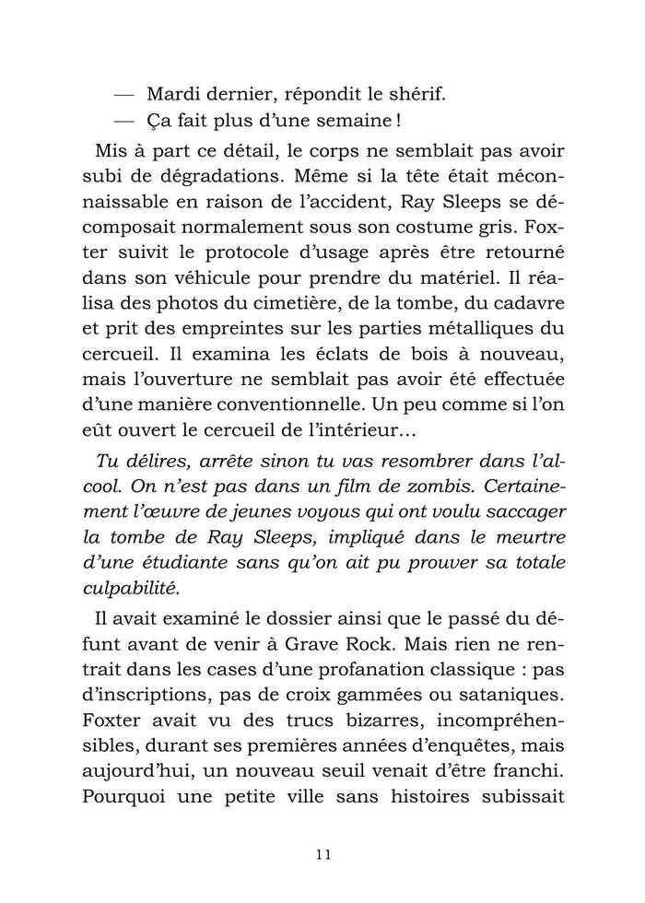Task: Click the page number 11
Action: (x=322, y=852)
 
